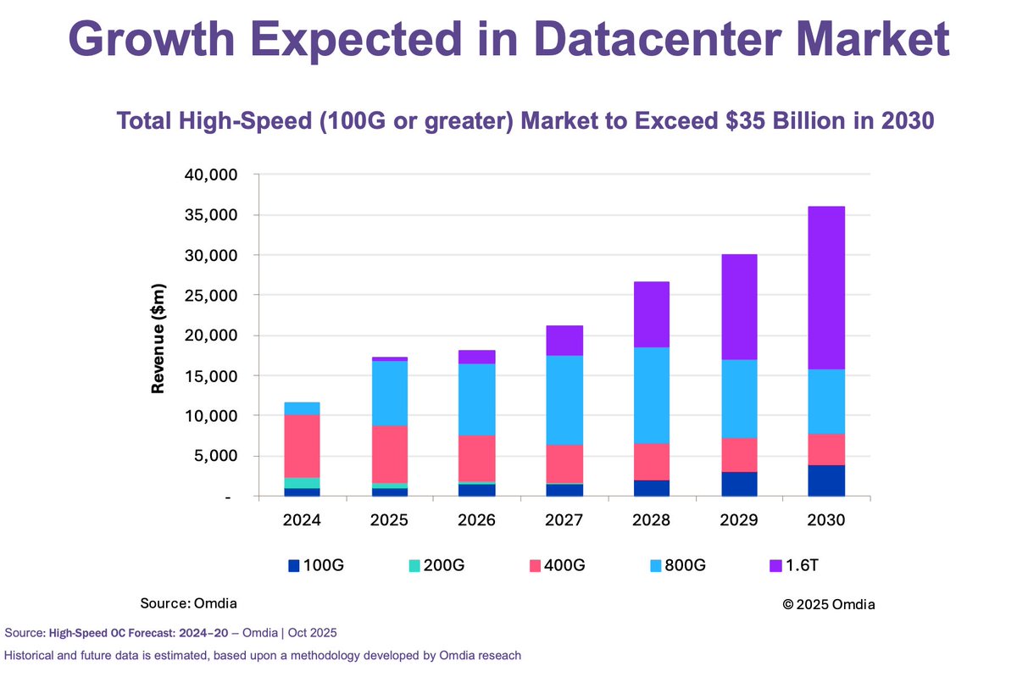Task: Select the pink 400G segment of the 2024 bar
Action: pyautogui.click(x=302, y=446)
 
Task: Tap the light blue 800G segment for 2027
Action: pyautogui.click(x=564, y=400)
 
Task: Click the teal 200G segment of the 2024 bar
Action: pyautogui.click(x=302, y=483)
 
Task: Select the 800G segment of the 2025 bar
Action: pyautogui.click(x=389, y=393)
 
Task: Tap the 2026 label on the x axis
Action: pyautogui.click(x=476, y=520)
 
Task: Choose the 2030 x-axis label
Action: pyautogui.click(x=825, y=520)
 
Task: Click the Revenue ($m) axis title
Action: pyautogui.click(x=158, y=339)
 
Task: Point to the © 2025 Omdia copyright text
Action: pyautogui.click(x=828, y=604)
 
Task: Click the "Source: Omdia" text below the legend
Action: pyautogui.click(x=188, y=602)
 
